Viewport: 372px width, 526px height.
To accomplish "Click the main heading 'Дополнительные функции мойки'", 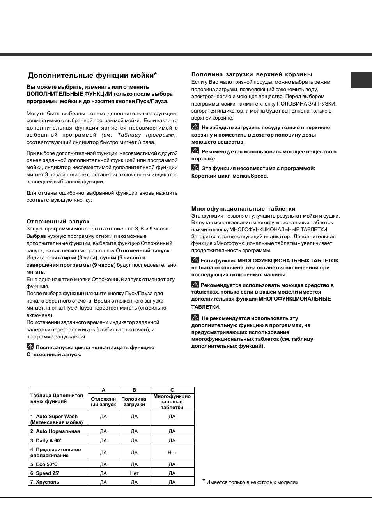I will click(92, 76).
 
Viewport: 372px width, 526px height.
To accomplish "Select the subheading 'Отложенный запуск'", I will click(58, 222).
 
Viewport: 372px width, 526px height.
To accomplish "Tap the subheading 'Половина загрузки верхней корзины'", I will click(252, 74).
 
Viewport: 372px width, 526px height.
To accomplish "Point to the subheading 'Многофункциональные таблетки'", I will click(243, 209).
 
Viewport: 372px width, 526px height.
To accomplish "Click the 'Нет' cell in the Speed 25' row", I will click(134, 473).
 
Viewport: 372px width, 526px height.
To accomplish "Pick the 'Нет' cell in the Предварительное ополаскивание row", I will click(172, 453).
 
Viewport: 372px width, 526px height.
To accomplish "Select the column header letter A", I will click(103, 390).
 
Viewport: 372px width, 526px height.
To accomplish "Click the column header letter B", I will click(134, 390).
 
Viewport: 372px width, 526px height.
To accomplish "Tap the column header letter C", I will click(172, 390).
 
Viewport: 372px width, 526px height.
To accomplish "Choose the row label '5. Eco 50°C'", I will click(44, 464).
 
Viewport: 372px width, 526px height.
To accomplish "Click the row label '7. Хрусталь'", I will click(45, 482).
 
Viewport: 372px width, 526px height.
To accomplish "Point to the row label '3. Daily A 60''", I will click(46, 441).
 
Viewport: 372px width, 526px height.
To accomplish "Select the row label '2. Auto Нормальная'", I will click(55, 431).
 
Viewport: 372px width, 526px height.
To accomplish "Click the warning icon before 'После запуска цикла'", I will click(30, 347).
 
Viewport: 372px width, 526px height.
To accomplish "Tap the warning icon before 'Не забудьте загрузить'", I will click(195, 127).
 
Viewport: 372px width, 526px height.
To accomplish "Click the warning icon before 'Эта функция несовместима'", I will click(195, 168).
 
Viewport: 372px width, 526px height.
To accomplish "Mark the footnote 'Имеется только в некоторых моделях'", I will click(252, 482).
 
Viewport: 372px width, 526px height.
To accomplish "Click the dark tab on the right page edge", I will click(361, 80).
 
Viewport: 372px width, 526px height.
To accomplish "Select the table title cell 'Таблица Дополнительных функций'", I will click(57, 398).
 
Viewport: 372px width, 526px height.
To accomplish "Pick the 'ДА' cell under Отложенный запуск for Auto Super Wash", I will click(103, 417).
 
